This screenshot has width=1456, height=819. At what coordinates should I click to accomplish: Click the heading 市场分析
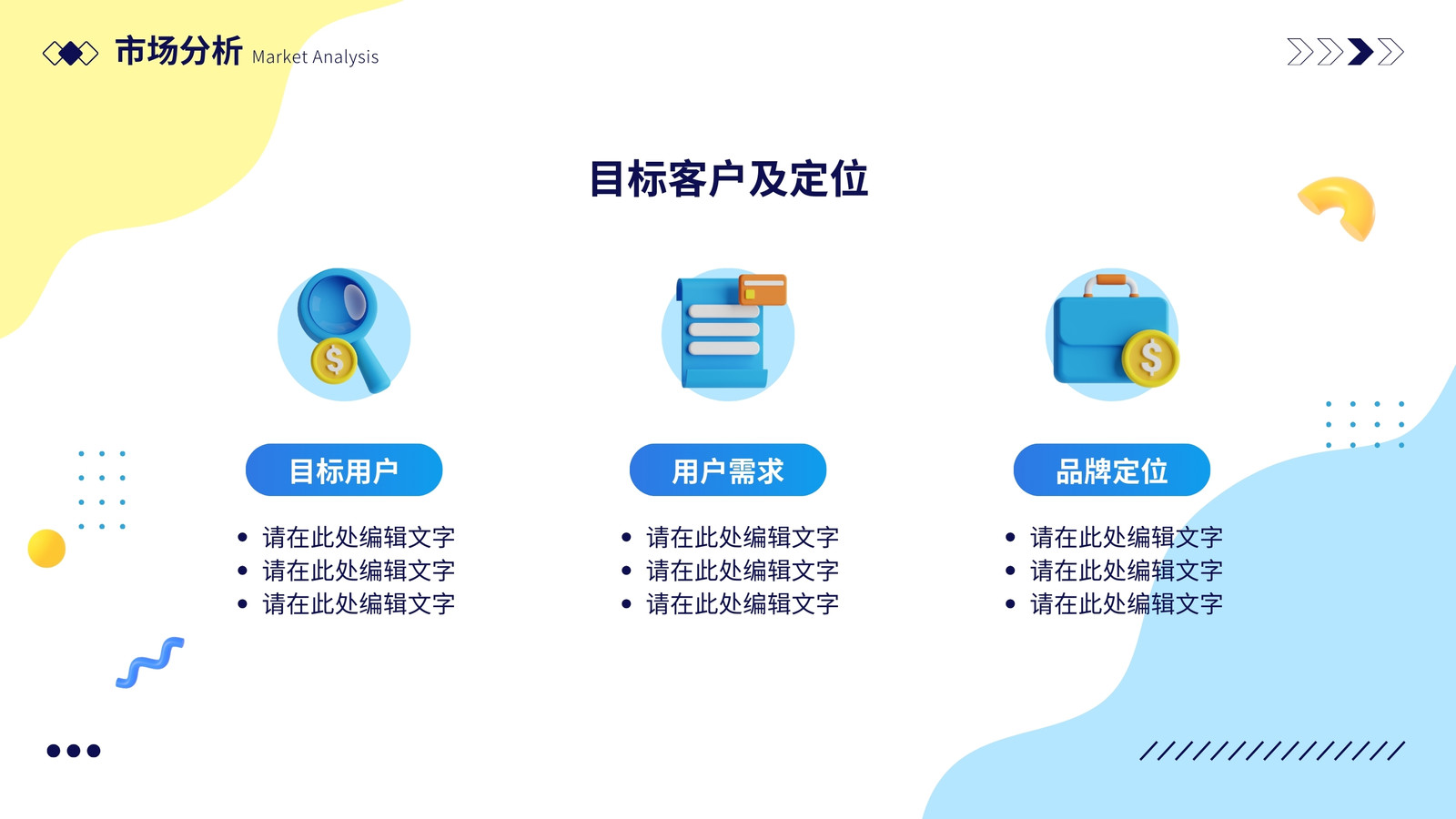tap(178, 51)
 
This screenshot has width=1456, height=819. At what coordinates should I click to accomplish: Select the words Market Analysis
tap(315, 57)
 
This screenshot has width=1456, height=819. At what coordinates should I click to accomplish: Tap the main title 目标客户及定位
tap(729, 178)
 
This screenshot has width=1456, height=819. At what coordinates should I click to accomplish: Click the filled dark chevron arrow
tap(1360, 52)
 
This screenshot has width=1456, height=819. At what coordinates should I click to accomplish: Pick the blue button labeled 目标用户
tap(344, 470)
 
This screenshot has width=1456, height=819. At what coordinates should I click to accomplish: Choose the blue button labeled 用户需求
tap(728, 470)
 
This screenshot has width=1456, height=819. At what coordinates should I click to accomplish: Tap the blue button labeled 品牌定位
tap(1111, 470)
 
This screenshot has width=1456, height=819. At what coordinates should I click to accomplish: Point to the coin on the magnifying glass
tap(334, 360)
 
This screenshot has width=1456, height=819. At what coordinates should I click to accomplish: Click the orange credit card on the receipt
tap(763, 290)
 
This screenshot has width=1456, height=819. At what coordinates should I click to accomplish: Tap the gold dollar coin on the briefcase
tap(1150, 359)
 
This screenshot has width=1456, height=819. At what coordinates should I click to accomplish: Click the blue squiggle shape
tap(150, 663)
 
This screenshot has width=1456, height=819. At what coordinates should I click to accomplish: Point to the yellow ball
tap(46, 549)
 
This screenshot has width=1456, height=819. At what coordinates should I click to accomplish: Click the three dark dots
tap(74, 751)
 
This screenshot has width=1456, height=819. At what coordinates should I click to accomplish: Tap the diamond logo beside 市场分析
tap(70, 54)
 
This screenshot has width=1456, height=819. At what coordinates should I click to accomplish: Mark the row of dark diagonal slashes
tap(1272, 751)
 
